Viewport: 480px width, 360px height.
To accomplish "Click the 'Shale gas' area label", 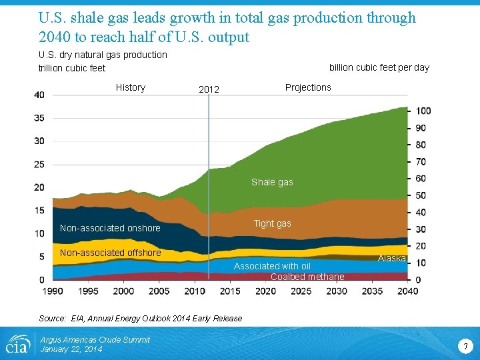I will [272, 182].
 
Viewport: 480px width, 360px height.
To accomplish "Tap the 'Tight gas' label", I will [272, 224].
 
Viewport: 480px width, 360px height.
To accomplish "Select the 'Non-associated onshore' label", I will [110, 228].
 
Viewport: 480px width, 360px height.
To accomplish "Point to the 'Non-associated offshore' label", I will [110, 253].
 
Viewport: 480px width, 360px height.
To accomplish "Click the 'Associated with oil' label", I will [272, 266].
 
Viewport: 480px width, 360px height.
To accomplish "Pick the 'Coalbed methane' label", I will [307, 277].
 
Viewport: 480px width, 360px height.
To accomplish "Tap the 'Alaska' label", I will [392, 258].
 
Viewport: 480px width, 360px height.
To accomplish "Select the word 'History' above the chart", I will [130, 87].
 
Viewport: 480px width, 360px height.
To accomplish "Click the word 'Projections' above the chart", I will [308, 87].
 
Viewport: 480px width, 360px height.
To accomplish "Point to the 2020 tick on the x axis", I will [265, 291].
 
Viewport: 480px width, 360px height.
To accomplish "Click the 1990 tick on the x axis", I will [53, 291].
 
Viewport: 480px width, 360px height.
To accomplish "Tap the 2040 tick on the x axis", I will [408, 291].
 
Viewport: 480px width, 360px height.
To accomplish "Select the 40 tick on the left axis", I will [39, 95].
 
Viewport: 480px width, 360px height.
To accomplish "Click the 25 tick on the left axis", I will [39, 164].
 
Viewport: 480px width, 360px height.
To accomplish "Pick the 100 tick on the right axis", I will [423, 111].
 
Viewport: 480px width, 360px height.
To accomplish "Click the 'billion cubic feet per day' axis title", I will [379, 67].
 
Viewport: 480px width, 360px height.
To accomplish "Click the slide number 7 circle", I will [465, 345].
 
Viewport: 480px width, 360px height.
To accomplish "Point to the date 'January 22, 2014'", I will [71, 349].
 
